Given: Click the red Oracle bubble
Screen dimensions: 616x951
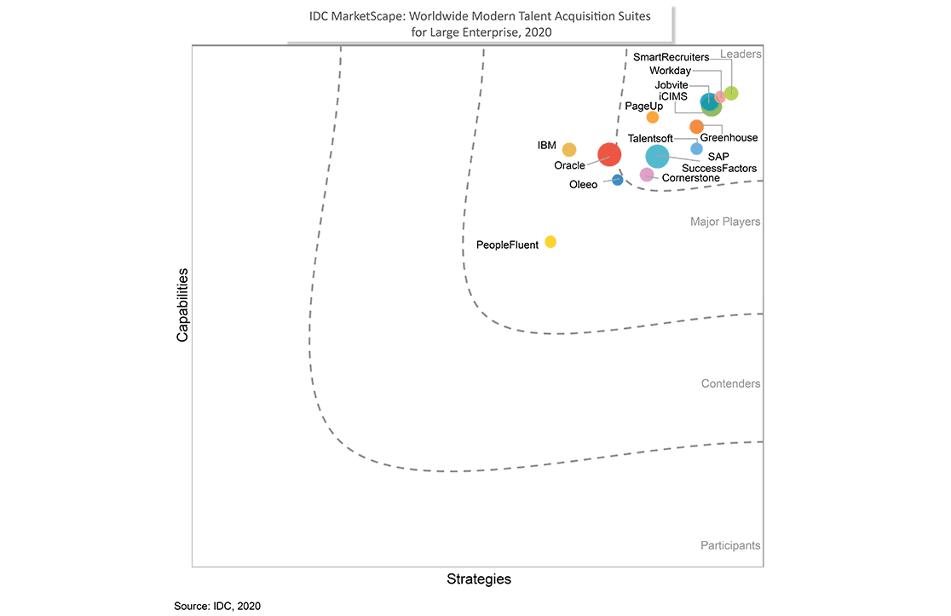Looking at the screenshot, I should click(x=609, y=155).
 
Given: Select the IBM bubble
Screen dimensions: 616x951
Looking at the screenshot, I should click(x=569, y=150).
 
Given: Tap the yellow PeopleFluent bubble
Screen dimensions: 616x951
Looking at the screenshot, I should click(x=550, y=242).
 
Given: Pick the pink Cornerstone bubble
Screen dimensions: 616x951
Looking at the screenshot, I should click(x=647, y=175).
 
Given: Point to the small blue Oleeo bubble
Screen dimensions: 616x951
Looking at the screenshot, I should click(x=618, y=180).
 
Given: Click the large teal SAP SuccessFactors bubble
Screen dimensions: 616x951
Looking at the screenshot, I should click(x=657, y=157).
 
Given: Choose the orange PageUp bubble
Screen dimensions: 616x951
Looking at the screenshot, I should click(x=653, y=118).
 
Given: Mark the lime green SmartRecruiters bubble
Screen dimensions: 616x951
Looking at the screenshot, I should click(x=731, y=93).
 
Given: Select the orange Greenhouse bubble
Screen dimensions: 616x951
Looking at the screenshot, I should click(x=696, y=127).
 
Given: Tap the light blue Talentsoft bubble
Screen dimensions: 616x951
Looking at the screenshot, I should click(x=696, y=149).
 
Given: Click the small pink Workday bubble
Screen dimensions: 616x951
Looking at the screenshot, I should click(x=720, y=97).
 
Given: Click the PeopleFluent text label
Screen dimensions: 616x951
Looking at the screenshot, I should click(x=507, y=245).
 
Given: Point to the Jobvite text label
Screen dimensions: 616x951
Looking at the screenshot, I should click(x=671, y=85).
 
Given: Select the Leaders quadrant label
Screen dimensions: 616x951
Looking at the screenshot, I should click(x=741, y=55).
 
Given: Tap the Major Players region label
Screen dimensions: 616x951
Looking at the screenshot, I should click(x=725, y=222).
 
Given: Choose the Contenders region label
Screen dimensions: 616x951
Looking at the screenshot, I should click(x=730, y=384).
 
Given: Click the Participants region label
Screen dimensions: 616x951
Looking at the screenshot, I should click(x=730, y=545).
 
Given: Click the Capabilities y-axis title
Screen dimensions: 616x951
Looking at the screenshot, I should click(x=182, y=307).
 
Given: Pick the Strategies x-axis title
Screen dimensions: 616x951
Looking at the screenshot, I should click(x=479, y=579).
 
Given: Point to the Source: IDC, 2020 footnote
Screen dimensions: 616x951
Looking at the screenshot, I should click(x=217, y=606).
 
